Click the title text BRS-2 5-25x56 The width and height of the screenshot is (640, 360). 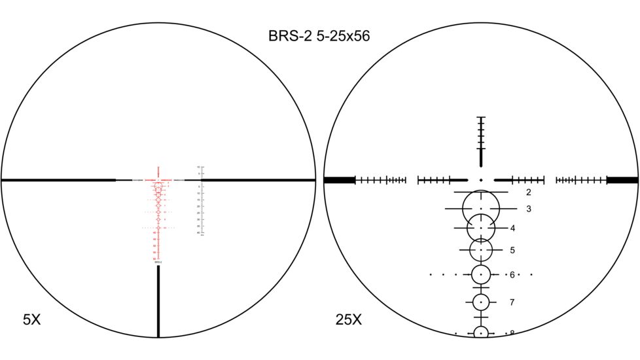click(x=319, y=36)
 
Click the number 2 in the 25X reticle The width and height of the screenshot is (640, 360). click(x=528, y=192)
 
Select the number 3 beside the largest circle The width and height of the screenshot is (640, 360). click(x=528, y=209)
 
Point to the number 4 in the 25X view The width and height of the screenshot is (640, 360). click(x=512, y=228)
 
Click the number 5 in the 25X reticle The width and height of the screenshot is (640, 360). click(x=512, y=250)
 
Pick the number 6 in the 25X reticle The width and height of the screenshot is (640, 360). click(x=512, y=274)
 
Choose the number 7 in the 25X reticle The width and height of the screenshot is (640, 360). click(x=512, y=302)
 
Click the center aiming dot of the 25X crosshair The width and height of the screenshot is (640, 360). click(x=481, y=179)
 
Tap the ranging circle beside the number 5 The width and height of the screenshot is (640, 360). click(x=481, y=249)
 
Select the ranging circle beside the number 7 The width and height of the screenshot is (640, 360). click(x=481, y=302)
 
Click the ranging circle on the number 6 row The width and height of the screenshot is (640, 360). click(x=481, y=274)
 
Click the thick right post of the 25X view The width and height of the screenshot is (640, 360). click(x=622, y=179)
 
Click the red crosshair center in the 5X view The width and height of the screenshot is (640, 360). click(x=158, y=179)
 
